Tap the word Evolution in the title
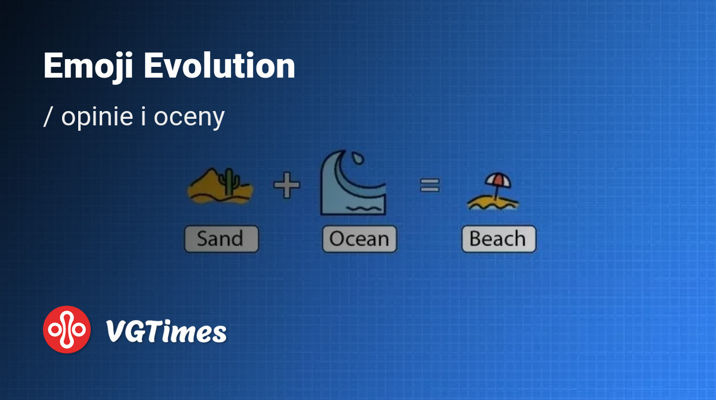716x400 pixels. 220,66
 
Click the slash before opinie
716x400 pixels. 48,117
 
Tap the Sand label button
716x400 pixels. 221,239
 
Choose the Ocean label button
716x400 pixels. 360,239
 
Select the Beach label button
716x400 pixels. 499,239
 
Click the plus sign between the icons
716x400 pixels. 287,185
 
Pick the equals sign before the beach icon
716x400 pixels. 430,185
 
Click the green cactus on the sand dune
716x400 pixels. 229,181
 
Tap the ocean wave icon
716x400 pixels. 353,183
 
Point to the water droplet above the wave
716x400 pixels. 357,158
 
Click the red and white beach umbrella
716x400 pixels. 498,181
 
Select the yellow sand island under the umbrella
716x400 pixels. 493,203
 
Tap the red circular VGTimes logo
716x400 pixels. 67,330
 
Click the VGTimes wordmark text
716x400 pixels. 166,331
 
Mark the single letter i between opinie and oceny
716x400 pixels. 144,116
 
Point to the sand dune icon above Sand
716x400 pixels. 220,186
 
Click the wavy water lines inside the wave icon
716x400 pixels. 365,209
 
